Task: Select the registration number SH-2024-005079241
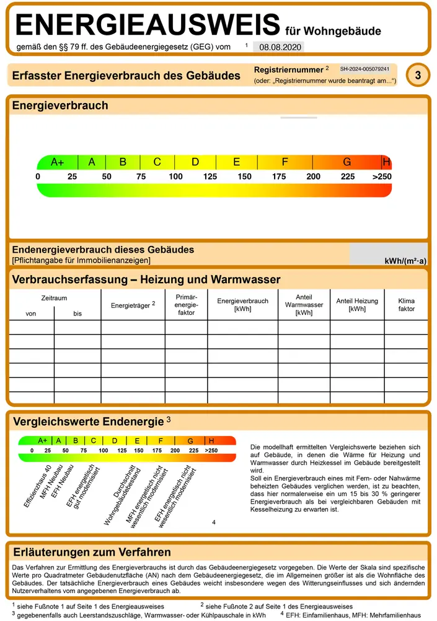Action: pos(364,69)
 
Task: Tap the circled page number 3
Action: pos(418,76)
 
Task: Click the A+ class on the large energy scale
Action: pos(58,162)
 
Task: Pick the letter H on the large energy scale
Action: pos(387,162)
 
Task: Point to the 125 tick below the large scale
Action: pos(210,177)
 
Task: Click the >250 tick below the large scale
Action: pos(382,177)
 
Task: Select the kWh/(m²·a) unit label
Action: pos(405,261)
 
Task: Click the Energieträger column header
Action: pos(133,305)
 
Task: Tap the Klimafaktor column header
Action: pos(407,304)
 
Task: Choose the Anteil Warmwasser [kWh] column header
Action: pos(304,305)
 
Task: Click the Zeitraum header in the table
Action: pos(54,298)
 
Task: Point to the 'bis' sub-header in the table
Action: pos(77,314)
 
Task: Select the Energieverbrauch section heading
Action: pos(60,106)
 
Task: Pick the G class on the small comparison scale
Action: pos(190,441)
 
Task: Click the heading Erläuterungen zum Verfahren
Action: pos(92,552)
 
